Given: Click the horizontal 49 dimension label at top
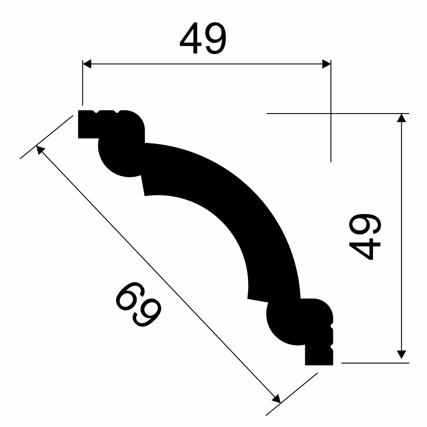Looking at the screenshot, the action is click(203, 38).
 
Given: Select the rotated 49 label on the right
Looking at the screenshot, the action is click(365, 237).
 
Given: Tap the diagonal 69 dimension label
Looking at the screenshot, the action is click(139, 304).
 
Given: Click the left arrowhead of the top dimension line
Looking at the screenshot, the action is click(87, 64).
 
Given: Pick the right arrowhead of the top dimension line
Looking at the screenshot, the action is click(327, 64).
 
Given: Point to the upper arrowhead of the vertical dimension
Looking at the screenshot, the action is click(401, 118).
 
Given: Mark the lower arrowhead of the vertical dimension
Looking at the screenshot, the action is click(401, 354).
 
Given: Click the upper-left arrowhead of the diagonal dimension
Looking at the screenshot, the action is click(40, 149).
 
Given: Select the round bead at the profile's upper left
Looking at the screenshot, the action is click(123, 155).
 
